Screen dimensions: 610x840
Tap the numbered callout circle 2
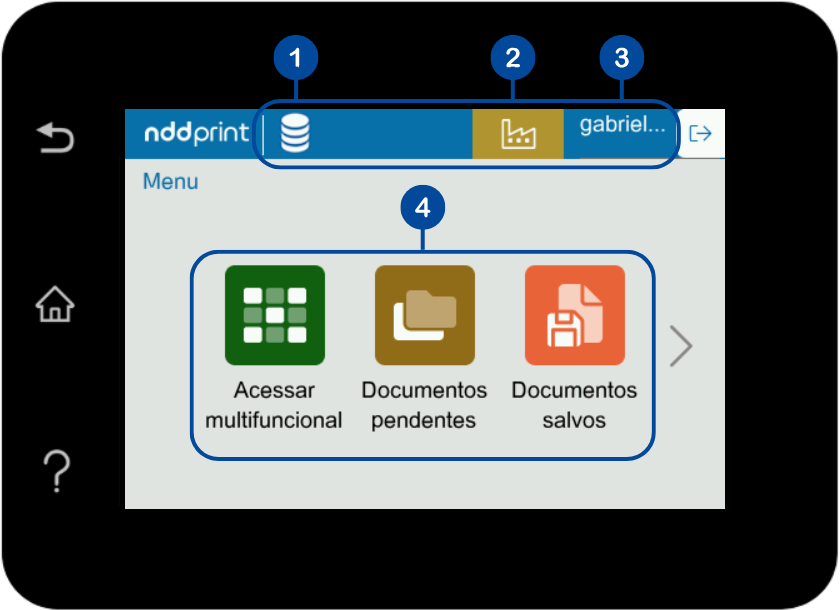tap(513, 59)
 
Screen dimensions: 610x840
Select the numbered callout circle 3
tap(622, 59)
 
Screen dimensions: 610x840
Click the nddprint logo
tap(196, 134)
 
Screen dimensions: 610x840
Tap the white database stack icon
tap(294, 134)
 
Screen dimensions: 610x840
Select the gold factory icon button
tap(518, 134)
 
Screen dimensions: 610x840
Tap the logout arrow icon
tap(701, 134)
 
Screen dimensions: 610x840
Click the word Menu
tap(170, 182)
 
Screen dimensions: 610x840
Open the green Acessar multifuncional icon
tap(275, 315)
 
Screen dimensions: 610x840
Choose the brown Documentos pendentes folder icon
tap(424, 315)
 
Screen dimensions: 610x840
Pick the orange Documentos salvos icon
tap(574, 315)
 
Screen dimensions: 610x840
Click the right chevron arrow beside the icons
tap(681, 346)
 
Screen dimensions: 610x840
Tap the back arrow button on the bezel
tap(55, 137)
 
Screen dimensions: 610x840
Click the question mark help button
tap(56, 470)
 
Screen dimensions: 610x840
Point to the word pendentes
tap(424, 420)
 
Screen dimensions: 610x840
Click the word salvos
tap(574, 420)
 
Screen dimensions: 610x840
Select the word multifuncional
tap(274, 420)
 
